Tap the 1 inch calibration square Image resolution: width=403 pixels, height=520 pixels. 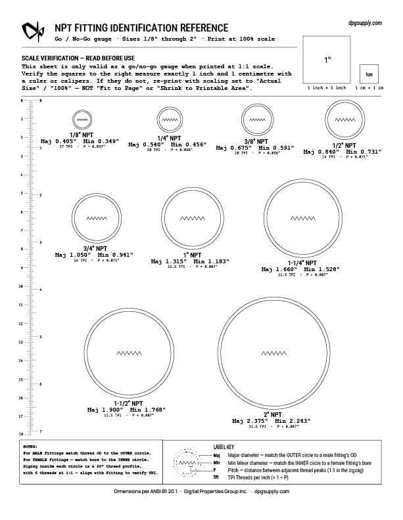pos(327,59)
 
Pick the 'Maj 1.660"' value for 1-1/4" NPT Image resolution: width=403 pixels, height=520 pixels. pos(279,269)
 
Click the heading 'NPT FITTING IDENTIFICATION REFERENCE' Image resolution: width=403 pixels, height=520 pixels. pos(141,28)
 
